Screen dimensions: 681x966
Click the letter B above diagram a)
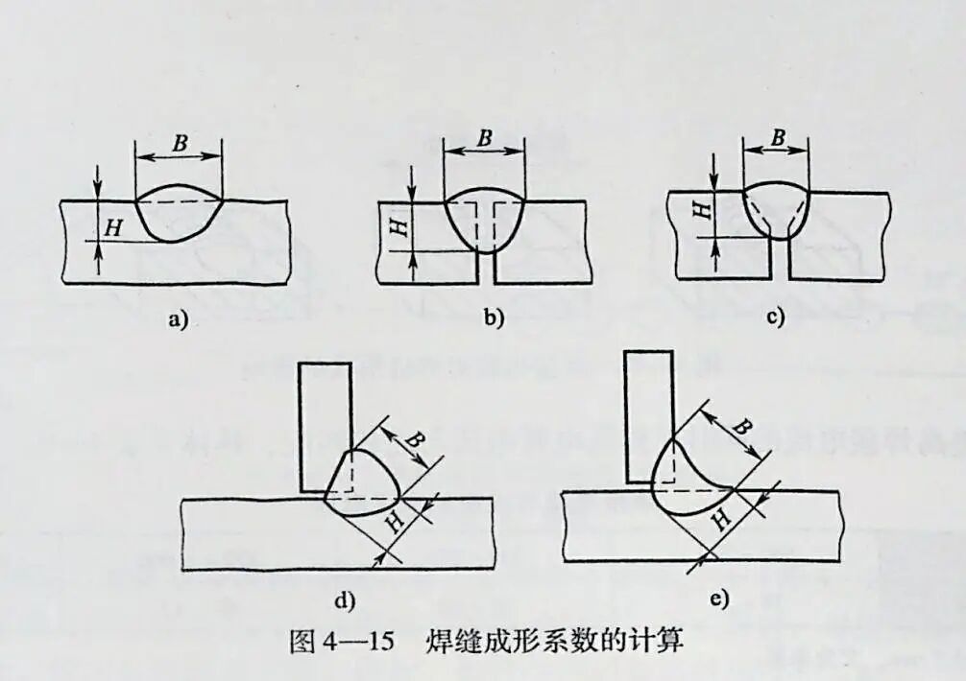tap(179, 141)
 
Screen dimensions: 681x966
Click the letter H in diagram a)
tap(113, 228)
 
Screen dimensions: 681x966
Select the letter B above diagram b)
tap(485, 137)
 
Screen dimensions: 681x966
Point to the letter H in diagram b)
tap(394, 226)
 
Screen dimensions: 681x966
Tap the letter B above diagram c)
tap(777, 138)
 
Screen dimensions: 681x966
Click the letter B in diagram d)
tap(414, 440)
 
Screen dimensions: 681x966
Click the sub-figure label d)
tap(344, 601)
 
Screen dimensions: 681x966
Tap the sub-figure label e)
tap(718, 599)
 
